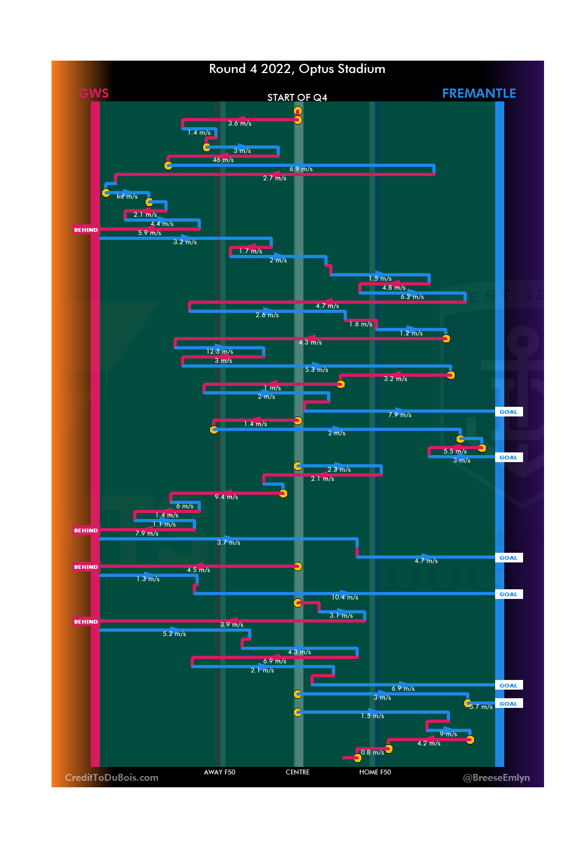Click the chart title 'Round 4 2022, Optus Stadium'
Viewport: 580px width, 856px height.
[x=297, y=69]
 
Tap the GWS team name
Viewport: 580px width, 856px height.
[x=93, y=93]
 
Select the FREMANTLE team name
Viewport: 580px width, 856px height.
[x=479, y=93]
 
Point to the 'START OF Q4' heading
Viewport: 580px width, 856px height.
[x=297, y=97]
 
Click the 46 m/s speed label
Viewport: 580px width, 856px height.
[x=223, y=160]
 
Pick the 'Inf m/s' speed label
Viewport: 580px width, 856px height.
[x=127, y=196]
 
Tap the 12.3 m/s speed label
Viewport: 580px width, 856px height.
[x=220, y=352]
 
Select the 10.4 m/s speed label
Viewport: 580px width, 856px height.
[x=345, y=597]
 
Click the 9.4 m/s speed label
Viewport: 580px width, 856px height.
[x=226, y=497]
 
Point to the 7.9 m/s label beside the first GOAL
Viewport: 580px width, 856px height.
[x=400, y=415]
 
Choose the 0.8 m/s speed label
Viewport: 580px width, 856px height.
[x=372, y=752]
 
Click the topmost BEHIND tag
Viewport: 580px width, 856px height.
[x=86, y=230]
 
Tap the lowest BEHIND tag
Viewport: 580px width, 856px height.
[x=86, y=621]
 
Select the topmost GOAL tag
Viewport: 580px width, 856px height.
[x=508, y=412]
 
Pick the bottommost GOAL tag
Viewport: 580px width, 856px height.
[x=508, y=704]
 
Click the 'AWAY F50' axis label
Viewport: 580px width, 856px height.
[x=220, y=772]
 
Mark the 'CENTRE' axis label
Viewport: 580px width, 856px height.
[x=298, y=772]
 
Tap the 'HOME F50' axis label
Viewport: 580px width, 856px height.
[x=375, y=772]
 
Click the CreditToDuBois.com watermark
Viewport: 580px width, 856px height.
[x=112, y=778]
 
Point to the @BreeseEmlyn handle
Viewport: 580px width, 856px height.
[x=496, y=778]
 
